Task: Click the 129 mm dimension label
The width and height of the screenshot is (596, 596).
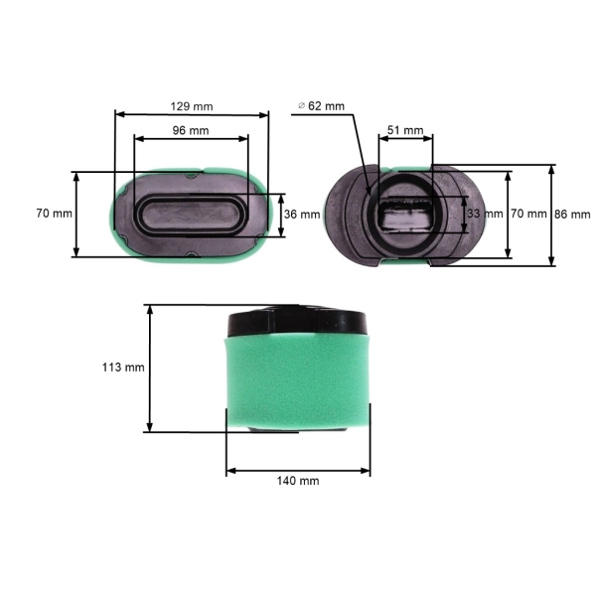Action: point(192,105)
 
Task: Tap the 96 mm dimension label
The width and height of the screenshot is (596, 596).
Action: point(192,131)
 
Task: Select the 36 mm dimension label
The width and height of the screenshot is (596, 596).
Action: point(302,214)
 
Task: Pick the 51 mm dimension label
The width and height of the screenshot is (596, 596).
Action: point(405,130)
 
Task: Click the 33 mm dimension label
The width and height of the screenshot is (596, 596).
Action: point(484,214)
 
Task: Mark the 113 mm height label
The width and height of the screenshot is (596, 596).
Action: point(123,367)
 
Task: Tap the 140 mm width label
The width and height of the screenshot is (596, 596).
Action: point(298,480)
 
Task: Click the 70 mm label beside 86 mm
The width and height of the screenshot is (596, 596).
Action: point(528,214)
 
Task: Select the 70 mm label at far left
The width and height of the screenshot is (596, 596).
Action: point(54,214)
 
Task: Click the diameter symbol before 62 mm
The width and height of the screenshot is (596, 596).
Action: point(300,105)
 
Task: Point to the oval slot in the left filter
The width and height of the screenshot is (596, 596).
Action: point(192,214)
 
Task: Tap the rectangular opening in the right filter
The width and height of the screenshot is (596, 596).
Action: point(405,214)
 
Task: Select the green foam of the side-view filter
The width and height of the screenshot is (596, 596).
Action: point(298,382)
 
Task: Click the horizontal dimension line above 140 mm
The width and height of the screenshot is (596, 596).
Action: point(298,468)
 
